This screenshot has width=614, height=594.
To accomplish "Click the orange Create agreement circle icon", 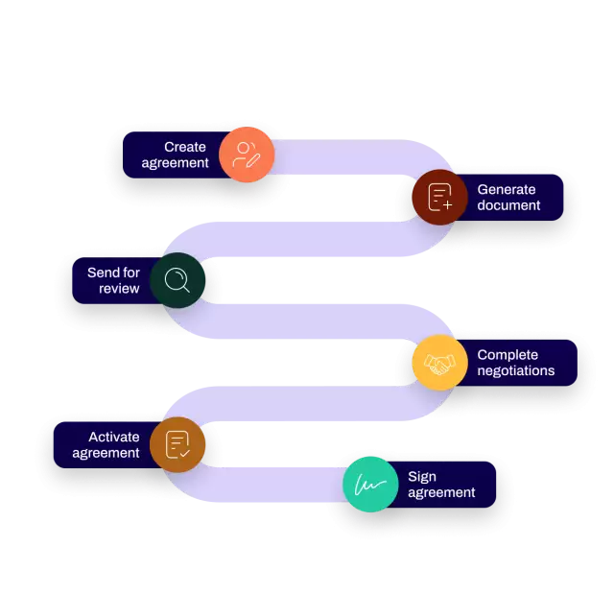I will point(247,154).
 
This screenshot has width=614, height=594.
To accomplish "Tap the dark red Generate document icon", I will point(439,197).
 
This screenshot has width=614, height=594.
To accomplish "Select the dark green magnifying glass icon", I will point(177,280).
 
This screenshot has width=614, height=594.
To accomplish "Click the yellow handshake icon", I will point(439,363).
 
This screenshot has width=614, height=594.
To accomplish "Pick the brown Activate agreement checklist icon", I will point(177,444).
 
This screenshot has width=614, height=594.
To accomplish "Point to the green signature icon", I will point(370,485).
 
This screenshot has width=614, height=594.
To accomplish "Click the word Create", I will point(185,147).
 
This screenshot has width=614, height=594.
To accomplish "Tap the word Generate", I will point(507,189).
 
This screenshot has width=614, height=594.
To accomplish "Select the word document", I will point(508,205).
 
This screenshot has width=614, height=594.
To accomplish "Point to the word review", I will point(119,289).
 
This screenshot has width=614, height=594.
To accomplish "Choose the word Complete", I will point(508,355).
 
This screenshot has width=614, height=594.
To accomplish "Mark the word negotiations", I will point(515,371).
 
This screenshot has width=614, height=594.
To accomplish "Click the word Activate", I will point(114,437).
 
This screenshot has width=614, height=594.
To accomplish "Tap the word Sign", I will point(422,477).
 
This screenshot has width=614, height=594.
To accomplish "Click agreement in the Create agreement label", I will point(175,163).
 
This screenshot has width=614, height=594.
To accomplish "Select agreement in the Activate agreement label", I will point(106,453).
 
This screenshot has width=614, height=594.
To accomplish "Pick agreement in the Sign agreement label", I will point(441,493).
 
